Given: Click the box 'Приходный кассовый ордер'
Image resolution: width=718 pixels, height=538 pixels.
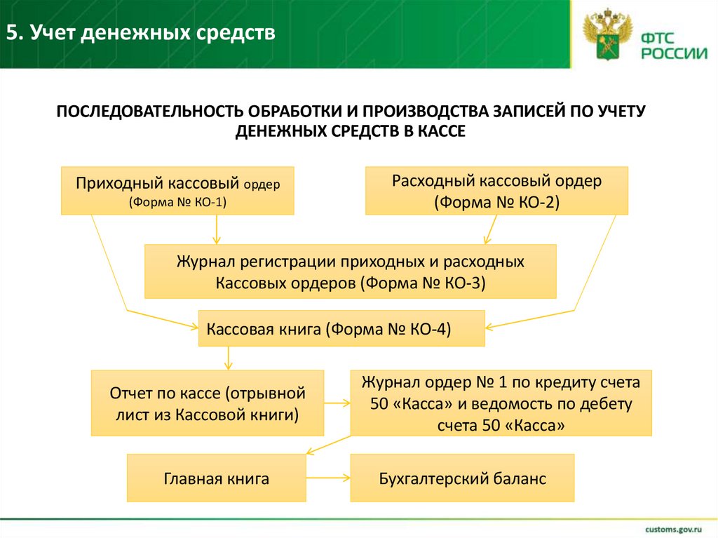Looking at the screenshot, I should pyautogui.click(x=177, y=190).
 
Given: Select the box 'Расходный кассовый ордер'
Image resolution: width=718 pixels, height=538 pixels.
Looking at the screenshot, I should pyautogui.click(x=496, y=190).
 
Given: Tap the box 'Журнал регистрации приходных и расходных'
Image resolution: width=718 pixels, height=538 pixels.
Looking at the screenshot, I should pyautogui.click(x=350, y=271).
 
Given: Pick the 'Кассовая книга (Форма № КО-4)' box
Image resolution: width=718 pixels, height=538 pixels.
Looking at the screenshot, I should pyautogui.click(x=341, y=328).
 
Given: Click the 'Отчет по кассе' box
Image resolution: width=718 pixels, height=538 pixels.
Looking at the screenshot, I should pyautogui.click(x=208, y=403).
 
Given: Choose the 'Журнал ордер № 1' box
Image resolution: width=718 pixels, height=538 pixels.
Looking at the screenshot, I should pyautogui.click(x=501, y=403).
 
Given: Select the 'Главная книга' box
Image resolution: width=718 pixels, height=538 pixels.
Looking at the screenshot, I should pyautogui.click(x=217, y=478).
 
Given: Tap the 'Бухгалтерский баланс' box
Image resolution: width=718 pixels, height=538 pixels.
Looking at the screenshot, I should pyautogui.click(x=462, y=478).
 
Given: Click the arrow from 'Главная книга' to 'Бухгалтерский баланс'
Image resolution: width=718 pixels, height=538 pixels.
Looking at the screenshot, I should pyautogui.click(x=328, y=478).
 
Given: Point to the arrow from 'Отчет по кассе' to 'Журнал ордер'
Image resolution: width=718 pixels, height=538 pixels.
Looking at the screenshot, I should pyautogui.click(x=337, y=403).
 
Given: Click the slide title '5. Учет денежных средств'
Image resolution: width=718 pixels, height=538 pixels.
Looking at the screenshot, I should pyautogui.click(x=142, y=33).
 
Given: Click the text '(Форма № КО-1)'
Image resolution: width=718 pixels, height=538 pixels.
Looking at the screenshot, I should pyautogui.click(x=177, y=201).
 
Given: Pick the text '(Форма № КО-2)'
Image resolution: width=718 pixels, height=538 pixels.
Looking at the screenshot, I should pyautogui.click(x=496, y=202).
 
